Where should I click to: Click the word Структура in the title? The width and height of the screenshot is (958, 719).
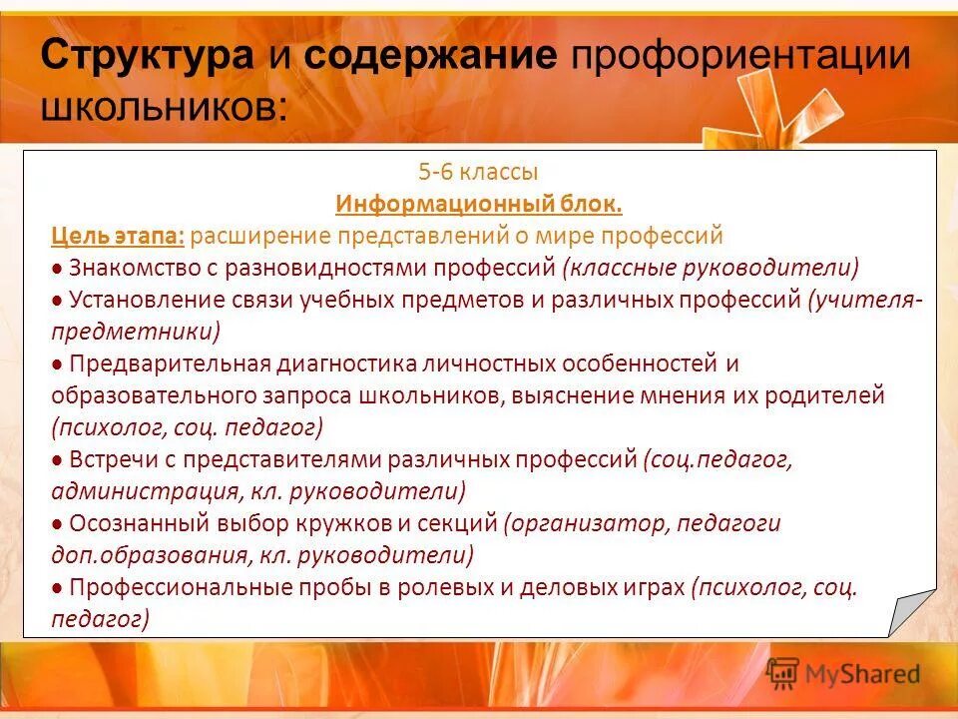(x=148, y=55)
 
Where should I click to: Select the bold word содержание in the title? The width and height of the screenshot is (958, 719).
(x=431, y=55)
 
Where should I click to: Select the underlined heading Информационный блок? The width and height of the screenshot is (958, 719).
(x=479, y=205)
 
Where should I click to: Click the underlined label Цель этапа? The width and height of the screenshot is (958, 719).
(x=118, y=237)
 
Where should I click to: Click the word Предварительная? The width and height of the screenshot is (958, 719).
(x=164, y=363)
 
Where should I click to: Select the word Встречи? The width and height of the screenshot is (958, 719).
(x=109, y=459)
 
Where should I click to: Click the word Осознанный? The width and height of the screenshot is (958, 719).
(x=126, y=523)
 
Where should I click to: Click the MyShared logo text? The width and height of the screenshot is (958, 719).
(x=862, y=674)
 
